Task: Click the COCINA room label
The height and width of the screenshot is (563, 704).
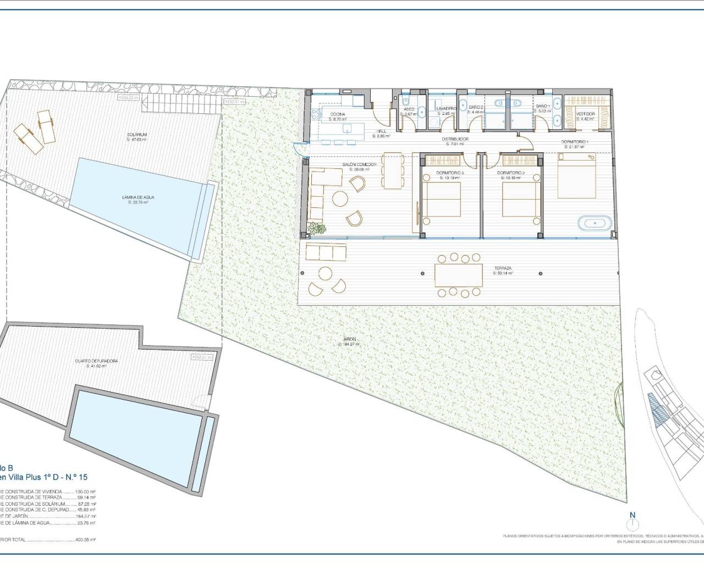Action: point(338,114)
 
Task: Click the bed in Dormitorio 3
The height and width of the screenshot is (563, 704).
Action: point(441,199)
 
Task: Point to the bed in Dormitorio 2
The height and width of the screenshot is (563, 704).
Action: point(520,199)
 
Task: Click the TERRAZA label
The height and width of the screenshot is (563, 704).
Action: point(503,268)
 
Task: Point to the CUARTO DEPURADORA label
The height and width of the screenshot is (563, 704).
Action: point(96,361)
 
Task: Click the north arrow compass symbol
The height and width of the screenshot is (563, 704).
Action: point(632,519)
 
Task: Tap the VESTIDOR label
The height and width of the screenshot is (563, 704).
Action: point(585,114)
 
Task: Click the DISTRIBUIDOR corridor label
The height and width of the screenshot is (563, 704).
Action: point(455,139)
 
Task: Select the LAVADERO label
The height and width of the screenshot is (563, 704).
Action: point(447,109)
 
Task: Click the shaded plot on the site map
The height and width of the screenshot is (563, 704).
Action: point(657,410)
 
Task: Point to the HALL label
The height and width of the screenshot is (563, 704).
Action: point(381,131)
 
